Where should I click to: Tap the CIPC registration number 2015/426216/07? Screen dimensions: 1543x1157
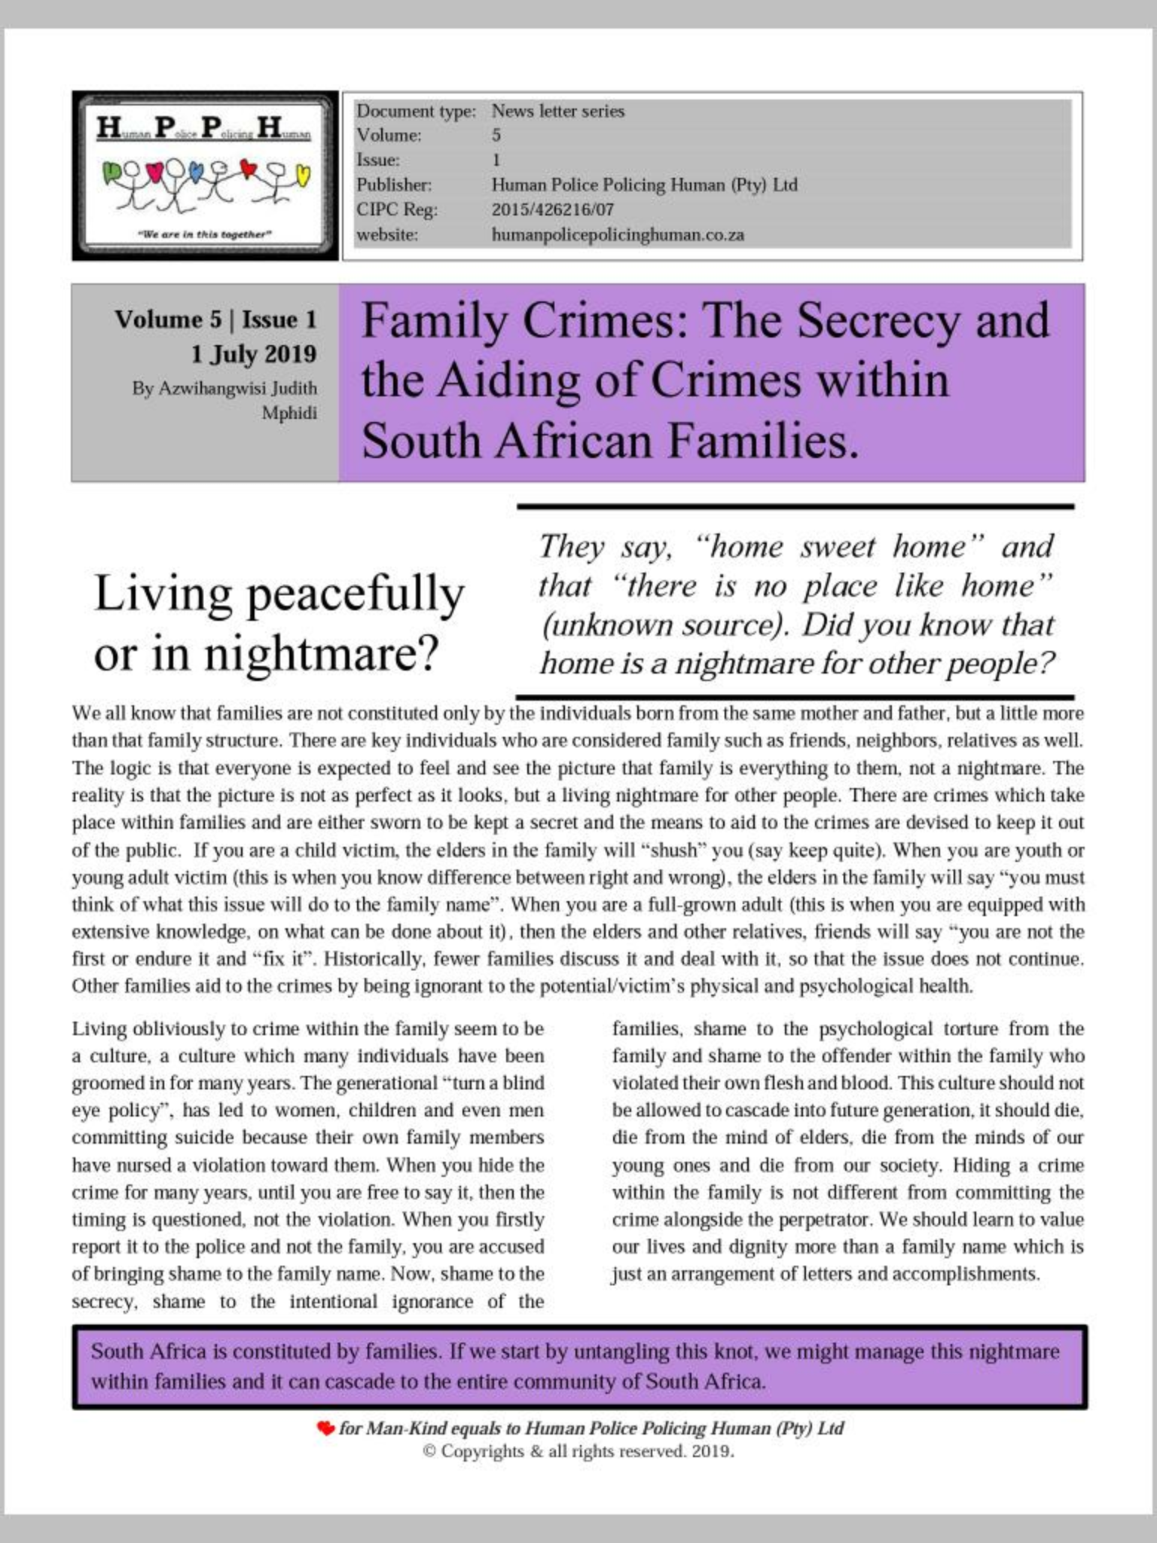pyautogui.click(x=552, y=209)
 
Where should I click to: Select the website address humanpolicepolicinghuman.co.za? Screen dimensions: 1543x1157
pyautogui.click(x=618, y=235)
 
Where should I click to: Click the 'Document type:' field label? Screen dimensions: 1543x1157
pyautogui.click(x=416, y=111)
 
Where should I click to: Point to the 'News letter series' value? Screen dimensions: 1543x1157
pyautogui.click(x=558, y=111)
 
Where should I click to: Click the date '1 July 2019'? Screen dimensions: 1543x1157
pyautogui.click(x=253, y=354)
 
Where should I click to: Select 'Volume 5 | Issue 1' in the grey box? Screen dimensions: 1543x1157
pyautogui.click(x=215, y=319)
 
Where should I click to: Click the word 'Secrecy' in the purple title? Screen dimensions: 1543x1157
pyautogui.click(x=878, y=320)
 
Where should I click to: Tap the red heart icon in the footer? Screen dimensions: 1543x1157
pyautogui.click(x=325, y=1428)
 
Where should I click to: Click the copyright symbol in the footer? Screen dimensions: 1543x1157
pyautogui.click(x=429, y=1452)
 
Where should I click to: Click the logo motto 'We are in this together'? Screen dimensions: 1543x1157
pyautogui.click(x=205, y=234)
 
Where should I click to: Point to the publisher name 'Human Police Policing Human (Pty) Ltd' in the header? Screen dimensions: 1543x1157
pyautogui.click(x=644, y=185)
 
